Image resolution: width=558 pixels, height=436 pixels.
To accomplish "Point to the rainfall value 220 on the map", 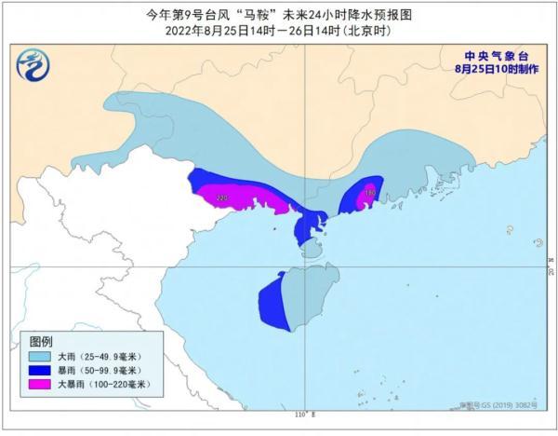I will pyautogui.click(x=220, y=198).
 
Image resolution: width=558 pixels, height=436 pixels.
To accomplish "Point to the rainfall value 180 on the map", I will pyautogui.click(x=370, y=193).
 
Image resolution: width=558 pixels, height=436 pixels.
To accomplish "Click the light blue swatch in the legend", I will pyautogui.click(x=39, y=357).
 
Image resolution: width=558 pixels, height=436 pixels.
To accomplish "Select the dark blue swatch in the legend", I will pyautogui.click(x=39, y=371).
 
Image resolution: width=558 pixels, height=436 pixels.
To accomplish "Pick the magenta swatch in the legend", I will pyautogui.click(x=39, y=385).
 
